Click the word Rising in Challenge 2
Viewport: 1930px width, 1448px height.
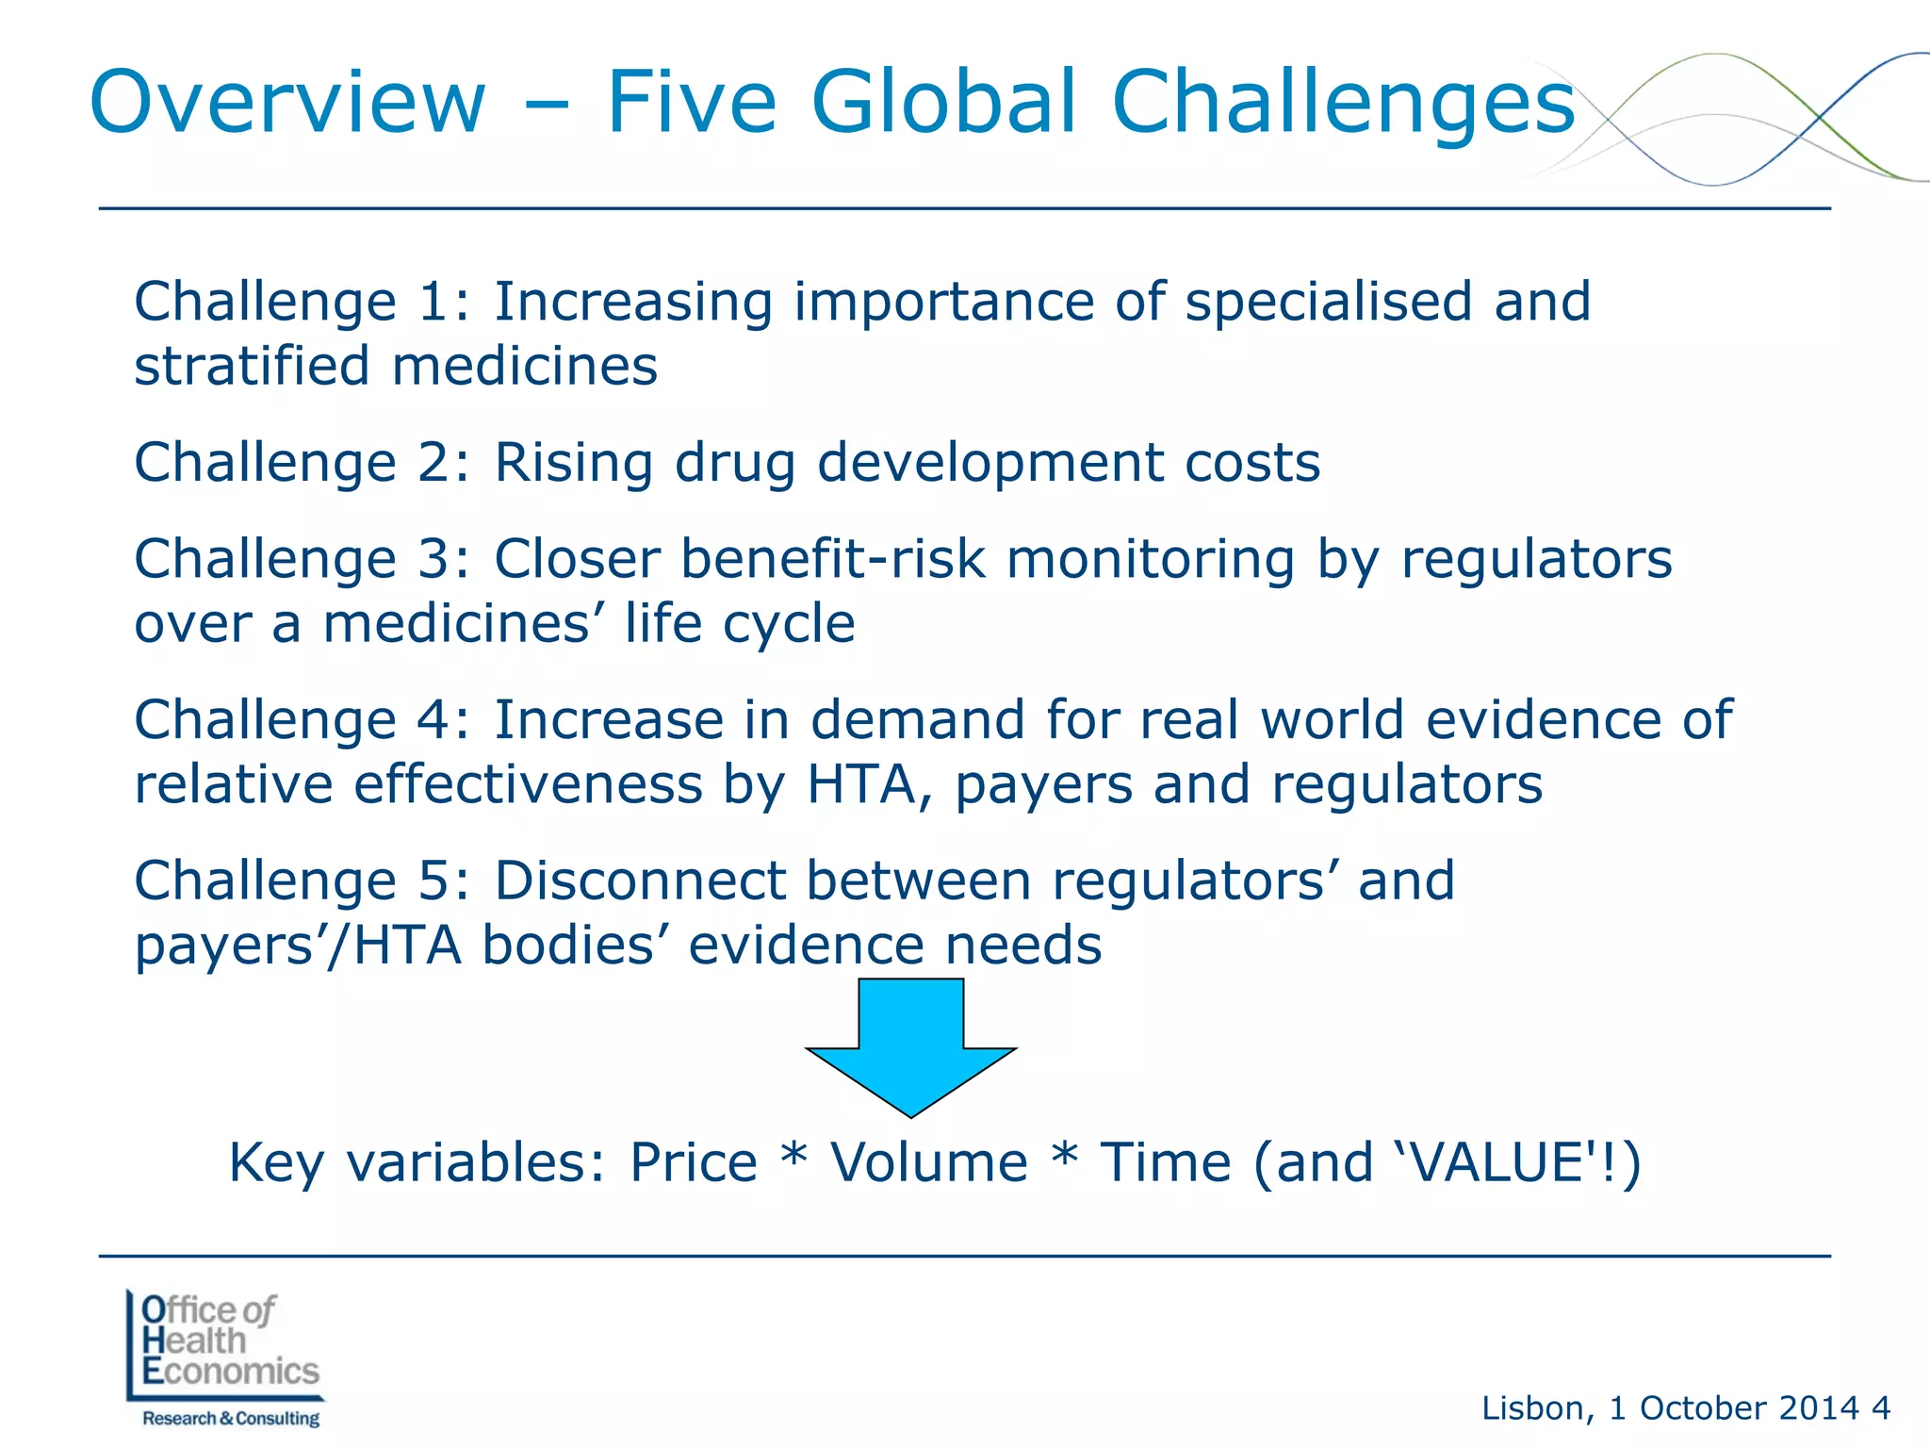tap(573, 464)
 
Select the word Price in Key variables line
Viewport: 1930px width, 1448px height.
tap(693, 1161)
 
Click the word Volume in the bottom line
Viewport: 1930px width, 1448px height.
tap(928, 1161)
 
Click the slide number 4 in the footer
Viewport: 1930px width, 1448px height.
tap(1880, 1408)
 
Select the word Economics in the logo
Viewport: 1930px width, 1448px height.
tap(231, 1371)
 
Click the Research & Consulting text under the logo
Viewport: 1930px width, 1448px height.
tap(231, 1419)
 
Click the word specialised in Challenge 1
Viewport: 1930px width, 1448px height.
tap(1327, 302)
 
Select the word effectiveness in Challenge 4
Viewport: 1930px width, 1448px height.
tap(528, 784)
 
